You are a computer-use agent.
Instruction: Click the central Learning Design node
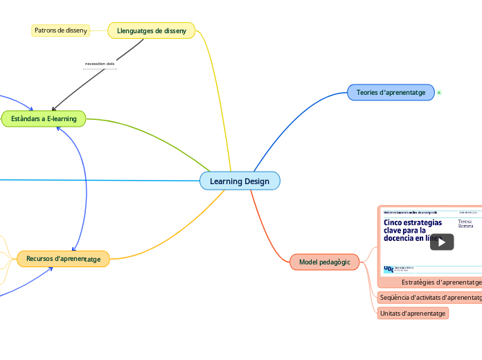(x=240, y=181)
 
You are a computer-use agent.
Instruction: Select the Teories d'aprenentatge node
(x=391, y=92)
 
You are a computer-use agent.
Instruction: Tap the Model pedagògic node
(x=325, y=262)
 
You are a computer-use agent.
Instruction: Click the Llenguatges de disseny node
(x=152, y=30)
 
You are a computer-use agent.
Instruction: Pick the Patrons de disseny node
(x=60, y=30)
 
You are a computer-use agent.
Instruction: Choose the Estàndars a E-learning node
(x=44, y=119)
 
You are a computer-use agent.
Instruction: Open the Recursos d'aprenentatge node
(x=63, y=259)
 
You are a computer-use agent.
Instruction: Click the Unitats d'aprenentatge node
(x=413, y=314)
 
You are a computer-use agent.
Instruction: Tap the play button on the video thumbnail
(x=441, y=242)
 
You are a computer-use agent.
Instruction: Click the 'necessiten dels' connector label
(x=100, y=64)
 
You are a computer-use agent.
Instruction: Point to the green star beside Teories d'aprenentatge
(x=439, y=93)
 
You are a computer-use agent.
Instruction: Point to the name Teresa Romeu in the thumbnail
(x=465, y=224)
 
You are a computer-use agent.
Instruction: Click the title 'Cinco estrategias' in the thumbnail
(x=413, y=222)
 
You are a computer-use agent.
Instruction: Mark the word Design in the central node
(x=257, y=181)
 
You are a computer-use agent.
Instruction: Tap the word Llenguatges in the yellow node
(x=134, y=30)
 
